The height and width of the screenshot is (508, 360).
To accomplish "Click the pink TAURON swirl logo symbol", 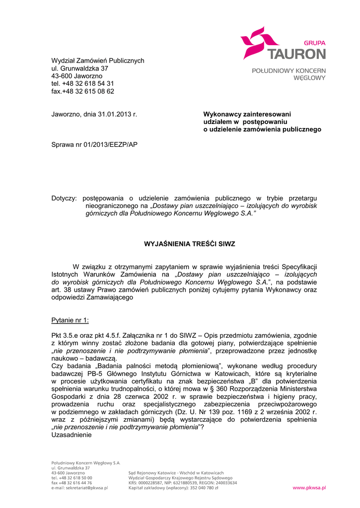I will pyautogui.click(x=258, y=42).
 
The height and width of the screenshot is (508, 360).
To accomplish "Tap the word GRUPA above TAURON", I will pyautogui.click(x=315, y=43).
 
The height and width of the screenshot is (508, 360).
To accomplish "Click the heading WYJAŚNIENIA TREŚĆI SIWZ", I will pyautogui.click(x=189, y=244).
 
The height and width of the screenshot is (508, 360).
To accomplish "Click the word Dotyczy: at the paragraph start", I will pyautogui.click(x=64, y=198).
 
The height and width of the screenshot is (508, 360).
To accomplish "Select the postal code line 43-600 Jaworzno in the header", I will pyautogui.click(x=77, y=76).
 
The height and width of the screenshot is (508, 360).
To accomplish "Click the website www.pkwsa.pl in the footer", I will pyautogui.click(x=309, y=488).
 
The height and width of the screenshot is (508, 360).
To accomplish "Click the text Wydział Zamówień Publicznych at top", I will pyautogui.click(x=98, y=61).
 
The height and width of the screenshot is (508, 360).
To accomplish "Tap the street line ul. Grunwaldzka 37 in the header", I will pyautogui.click(x=79, y=68).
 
